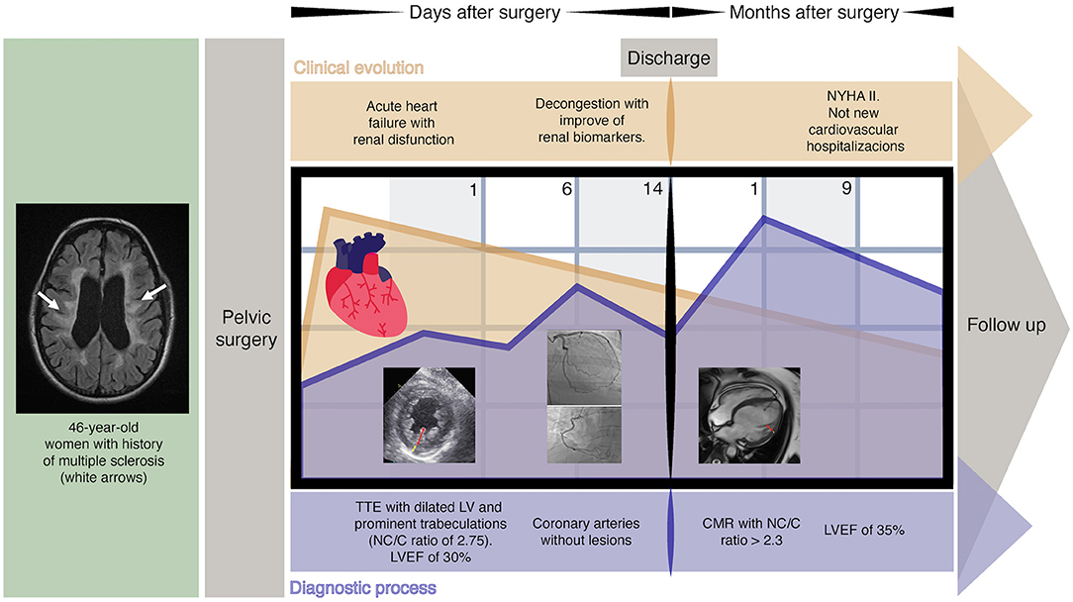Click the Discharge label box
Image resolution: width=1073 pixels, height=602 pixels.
(x=668, y=58)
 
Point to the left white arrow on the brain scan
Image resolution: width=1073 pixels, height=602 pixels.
(x=49, y=301)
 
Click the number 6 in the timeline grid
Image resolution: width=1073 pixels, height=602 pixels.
(x=566, y=189)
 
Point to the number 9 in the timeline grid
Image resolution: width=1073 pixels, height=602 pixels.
(x=846, y=189)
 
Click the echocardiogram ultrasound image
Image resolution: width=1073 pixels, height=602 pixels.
(x=430, y=416)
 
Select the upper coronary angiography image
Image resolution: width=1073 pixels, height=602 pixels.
(x=584, y=366)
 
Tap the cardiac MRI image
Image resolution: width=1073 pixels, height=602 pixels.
(x=749, y=416)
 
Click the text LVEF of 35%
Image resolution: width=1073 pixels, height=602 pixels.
(x=863, y=531)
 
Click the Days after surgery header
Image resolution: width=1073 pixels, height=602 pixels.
(x=484, y=13)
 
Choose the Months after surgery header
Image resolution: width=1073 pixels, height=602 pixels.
(x=814, y=13)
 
